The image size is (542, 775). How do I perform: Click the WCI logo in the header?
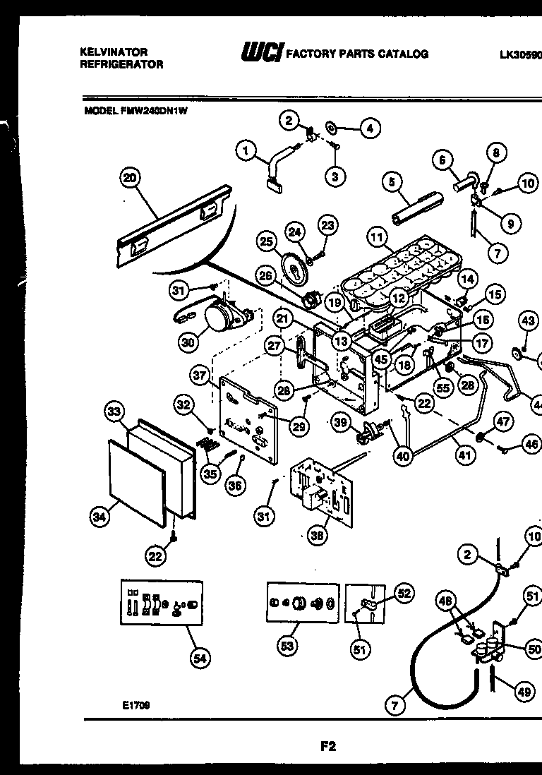coord(262,53)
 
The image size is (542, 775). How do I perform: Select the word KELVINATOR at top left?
coord(113,52)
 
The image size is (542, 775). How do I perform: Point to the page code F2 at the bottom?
coord(327,745)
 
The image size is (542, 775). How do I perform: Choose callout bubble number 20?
coord(130,179)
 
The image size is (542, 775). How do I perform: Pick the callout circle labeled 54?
coord(200,659)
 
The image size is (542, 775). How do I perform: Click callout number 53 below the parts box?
coord(287,646)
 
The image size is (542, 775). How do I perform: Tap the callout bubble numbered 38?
coord(319,536)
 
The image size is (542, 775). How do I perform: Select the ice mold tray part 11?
coord(395,272)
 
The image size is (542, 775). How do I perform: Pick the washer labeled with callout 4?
coord(330,128)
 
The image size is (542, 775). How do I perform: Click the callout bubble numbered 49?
coord(524,692)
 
